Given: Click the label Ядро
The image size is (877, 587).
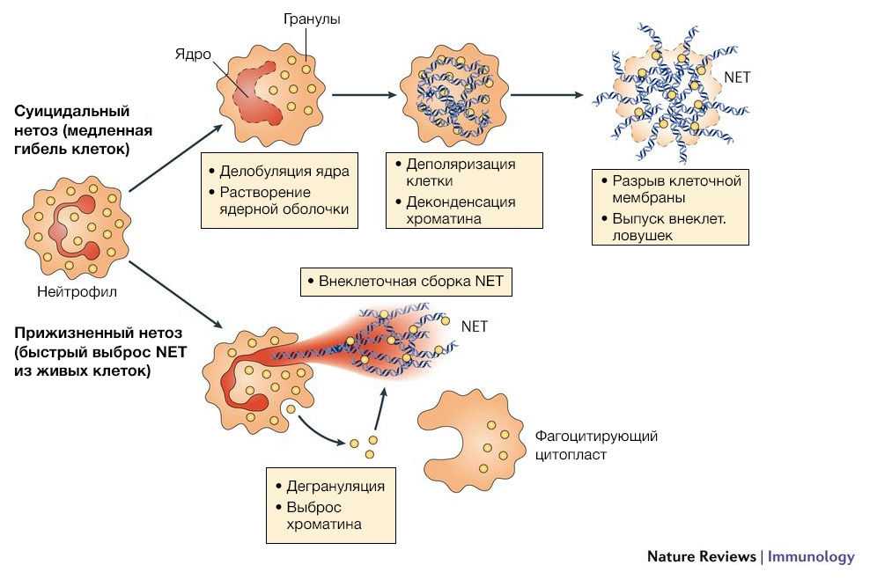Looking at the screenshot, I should point(193,55).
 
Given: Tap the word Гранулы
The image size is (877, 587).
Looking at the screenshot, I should point(311,18).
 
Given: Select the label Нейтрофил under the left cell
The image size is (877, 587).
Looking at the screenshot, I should point(77,290).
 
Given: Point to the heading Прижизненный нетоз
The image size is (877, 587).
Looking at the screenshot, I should point(98,334).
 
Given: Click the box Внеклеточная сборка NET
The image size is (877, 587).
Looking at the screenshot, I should point(406,282).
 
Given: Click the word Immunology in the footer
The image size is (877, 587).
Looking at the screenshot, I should point(811,556).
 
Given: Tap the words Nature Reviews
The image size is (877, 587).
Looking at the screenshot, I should point(701,556).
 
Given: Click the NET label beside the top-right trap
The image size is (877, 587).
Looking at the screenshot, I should point(737,77).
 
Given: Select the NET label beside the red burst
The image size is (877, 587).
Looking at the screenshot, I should point(475,326).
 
